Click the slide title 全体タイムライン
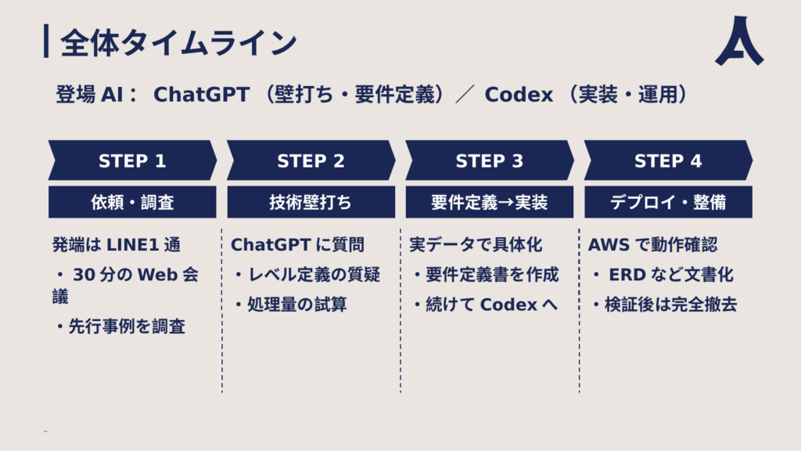[178, 42]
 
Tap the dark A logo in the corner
[739, 41]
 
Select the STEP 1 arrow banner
[132, 160]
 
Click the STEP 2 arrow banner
[311, 160]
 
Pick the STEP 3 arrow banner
[490, 160]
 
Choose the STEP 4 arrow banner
[668, 160]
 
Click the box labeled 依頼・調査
[132, 202]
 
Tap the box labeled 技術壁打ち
[311, 202]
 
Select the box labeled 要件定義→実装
[490, 202]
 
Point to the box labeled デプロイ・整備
[668, 202]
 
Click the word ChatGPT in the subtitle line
[201, 95]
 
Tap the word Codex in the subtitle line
[519, 95]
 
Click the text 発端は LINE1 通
[117, 245]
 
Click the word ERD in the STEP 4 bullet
[627, 275]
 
